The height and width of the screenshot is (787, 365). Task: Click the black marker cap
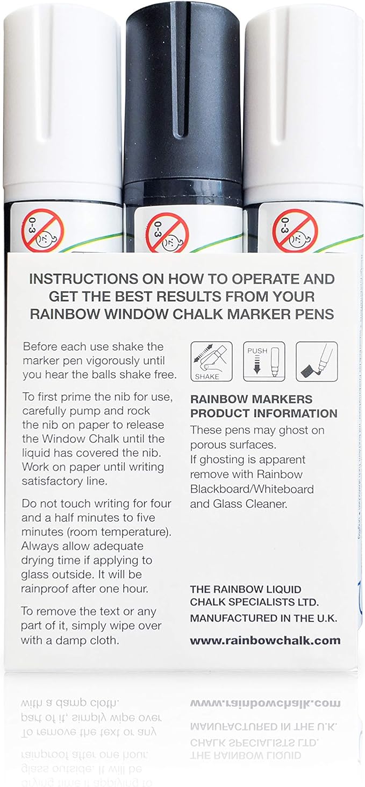[183, 91]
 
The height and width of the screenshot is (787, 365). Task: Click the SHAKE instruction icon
[211, 361]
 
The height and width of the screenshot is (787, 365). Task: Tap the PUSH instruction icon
[264, 361]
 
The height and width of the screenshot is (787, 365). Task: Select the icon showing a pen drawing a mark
[317, 361]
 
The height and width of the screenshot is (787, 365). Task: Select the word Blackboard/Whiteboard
[252, 489]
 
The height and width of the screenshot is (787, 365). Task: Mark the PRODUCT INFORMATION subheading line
[264, 414]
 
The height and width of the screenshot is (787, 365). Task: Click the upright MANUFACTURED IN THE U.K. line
[263, 619]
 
